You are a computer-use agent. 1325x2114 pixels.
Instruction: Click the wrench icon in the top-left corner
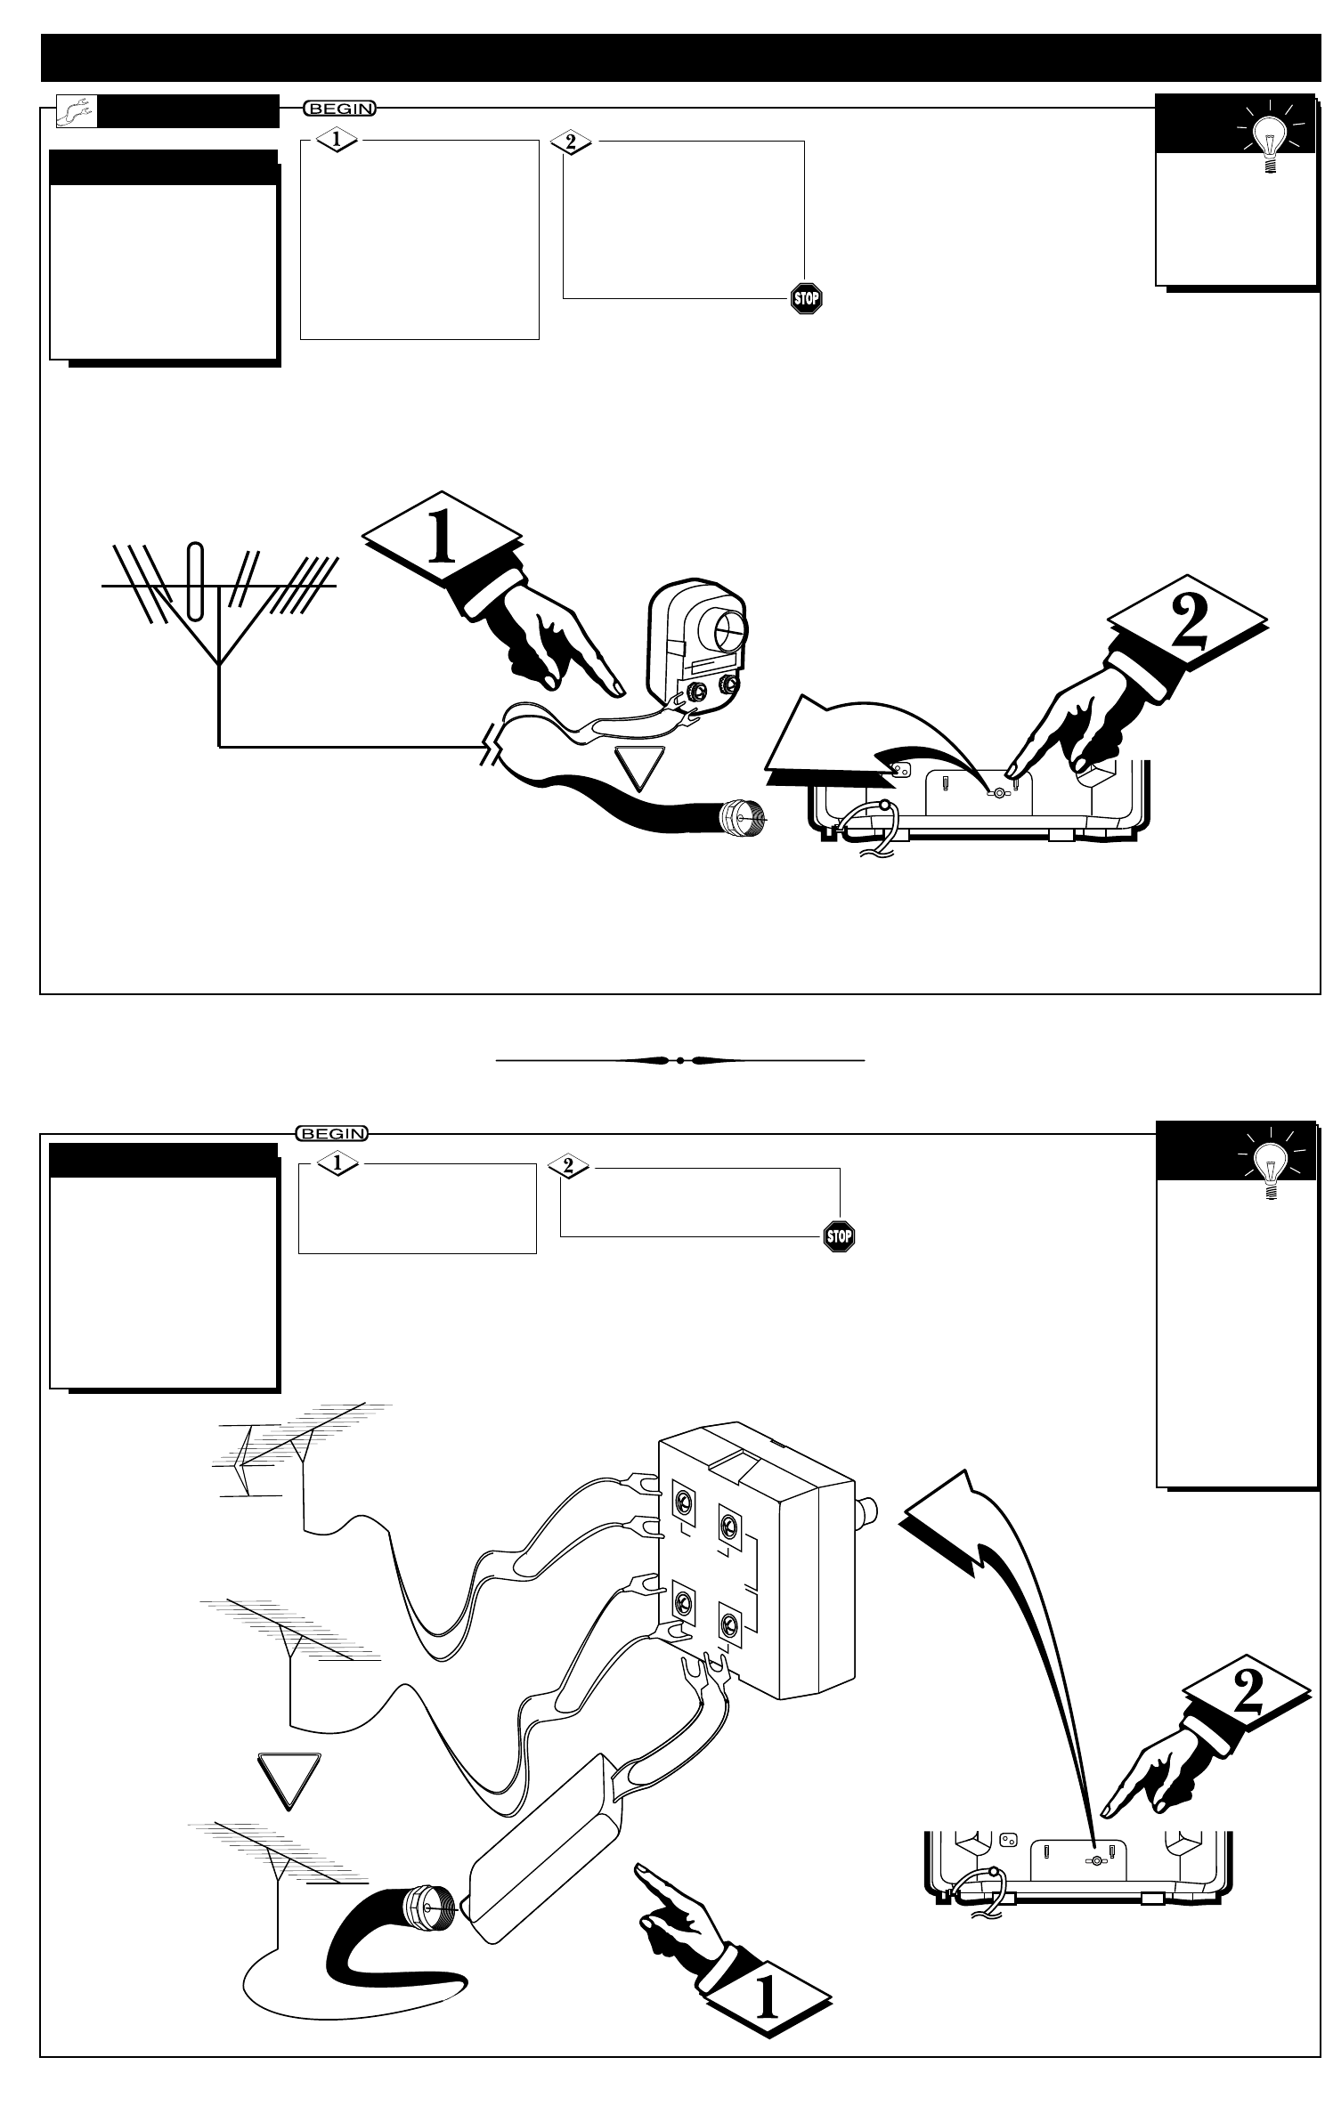(75, 111)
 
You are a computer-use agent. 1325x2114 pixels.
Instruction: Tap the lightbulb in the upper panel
(1264, 140)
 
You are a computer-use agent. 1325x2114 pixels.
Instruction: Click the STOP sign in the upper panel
(806, 298)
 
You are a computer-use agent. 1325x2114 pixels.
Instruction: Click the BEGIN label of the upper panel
(339, 109)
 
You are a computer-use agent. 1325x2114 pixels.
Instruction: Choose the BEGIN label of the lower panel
(331, 1133)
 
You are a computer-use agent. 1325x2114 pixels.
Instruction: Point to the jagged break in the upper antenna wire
(488, 747)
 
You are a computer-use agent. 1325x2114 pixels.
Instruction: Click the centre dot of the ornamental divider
(679, 1060)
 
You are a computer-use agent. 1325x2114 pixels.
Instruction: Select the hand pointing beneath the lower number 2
(1149, 1781)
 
